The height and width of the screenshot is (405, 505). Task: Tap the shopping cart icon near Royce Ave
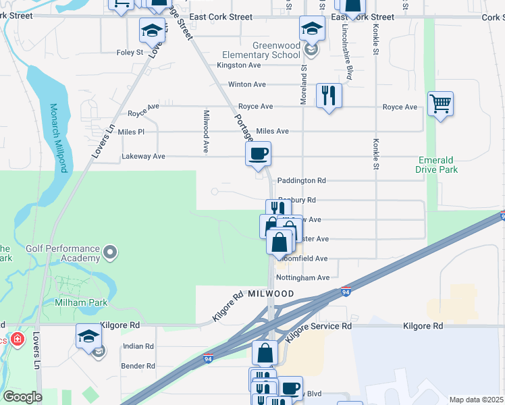click(x=440, y=104)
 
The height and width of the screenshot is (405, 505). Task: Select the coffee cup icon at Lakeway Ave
click(x=258, y=154)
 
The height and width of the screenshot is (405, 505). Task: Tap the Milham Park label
click(x=80, y=304)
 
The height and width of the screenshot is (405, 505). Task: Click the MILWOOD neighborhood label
click(x=271, y=294)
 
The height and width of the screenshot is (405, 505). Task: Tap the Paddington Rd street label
click(x=302, y=181)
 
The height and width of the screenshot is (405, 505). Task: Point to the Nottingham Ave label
click(x=304, y=277)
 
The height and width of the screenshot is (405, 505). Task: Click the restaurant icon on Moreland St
click(x=329, y=94)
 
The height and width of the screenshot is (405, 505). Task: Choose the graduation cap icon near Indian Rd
click(x=88, y=336)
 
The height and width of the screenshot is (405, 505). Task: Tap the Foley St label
click(x=130, y=52)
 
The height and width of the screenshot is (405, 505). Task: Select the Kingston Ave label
click(x=238, y=65)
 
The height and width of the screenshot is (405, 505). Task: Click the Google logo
click(x=22, y=397)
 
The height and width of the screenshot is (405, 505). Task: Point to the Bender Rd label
click(x=138, y=366)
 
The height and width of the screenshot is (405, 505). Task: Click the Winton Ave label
click(x=247, y=85)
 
